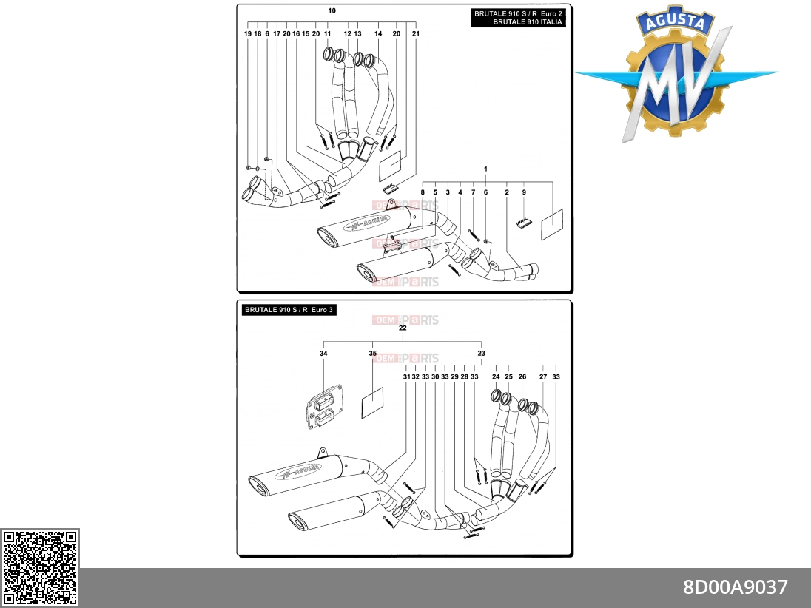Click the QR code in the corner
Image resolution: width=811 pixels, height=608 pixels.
(39, 567)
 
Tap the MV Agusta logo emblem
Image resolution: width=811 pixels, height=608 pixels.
(676, 74)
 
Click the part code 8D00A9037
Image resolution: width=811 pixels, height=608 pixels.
(735, 587)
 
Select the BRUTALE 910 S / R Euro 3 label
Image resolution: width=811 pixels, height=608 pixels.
(289, 310)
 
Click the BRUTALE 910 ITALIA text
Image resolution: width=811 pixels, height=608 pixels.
(527, 22)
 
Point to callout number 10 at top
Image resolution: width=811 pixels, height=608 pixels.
(332, 10)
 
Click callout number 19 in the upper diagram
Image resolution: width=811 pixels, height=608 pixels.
(248, 33)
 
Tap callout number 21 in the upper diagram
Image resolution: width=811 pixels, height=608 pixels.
(416, 33)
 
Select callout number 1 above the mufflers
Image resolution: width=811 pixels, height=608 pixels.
(485, 169)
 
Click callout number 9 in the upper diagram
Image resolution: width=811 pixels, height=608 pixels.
(524, 192)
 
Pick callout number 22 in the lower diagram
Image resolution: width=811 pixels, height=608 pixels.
(403, 328)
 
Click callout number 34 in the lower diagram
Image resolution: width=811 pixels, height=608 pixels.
(323, 354)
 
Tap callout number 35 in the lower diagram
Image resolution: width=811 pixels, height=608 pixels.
(373, 354)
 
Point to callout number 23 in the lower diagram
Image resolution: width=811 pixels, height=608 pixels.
(482, 354)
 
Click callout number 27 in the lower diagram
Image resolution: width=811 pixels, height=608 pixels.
(543, 377)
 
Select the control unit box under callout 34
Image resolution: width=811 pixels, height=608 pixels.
(324, 406)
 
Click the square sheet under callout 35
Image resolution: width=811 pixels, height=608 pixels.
(372, 402)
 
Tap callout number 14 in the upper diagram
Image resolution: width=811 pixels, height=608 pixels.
(378, 33)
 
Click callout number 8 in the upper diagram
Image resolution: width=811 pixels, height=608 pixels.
(423, 192)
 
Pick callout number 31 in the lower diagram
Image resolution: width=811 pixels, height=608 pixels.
(406, 377)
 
